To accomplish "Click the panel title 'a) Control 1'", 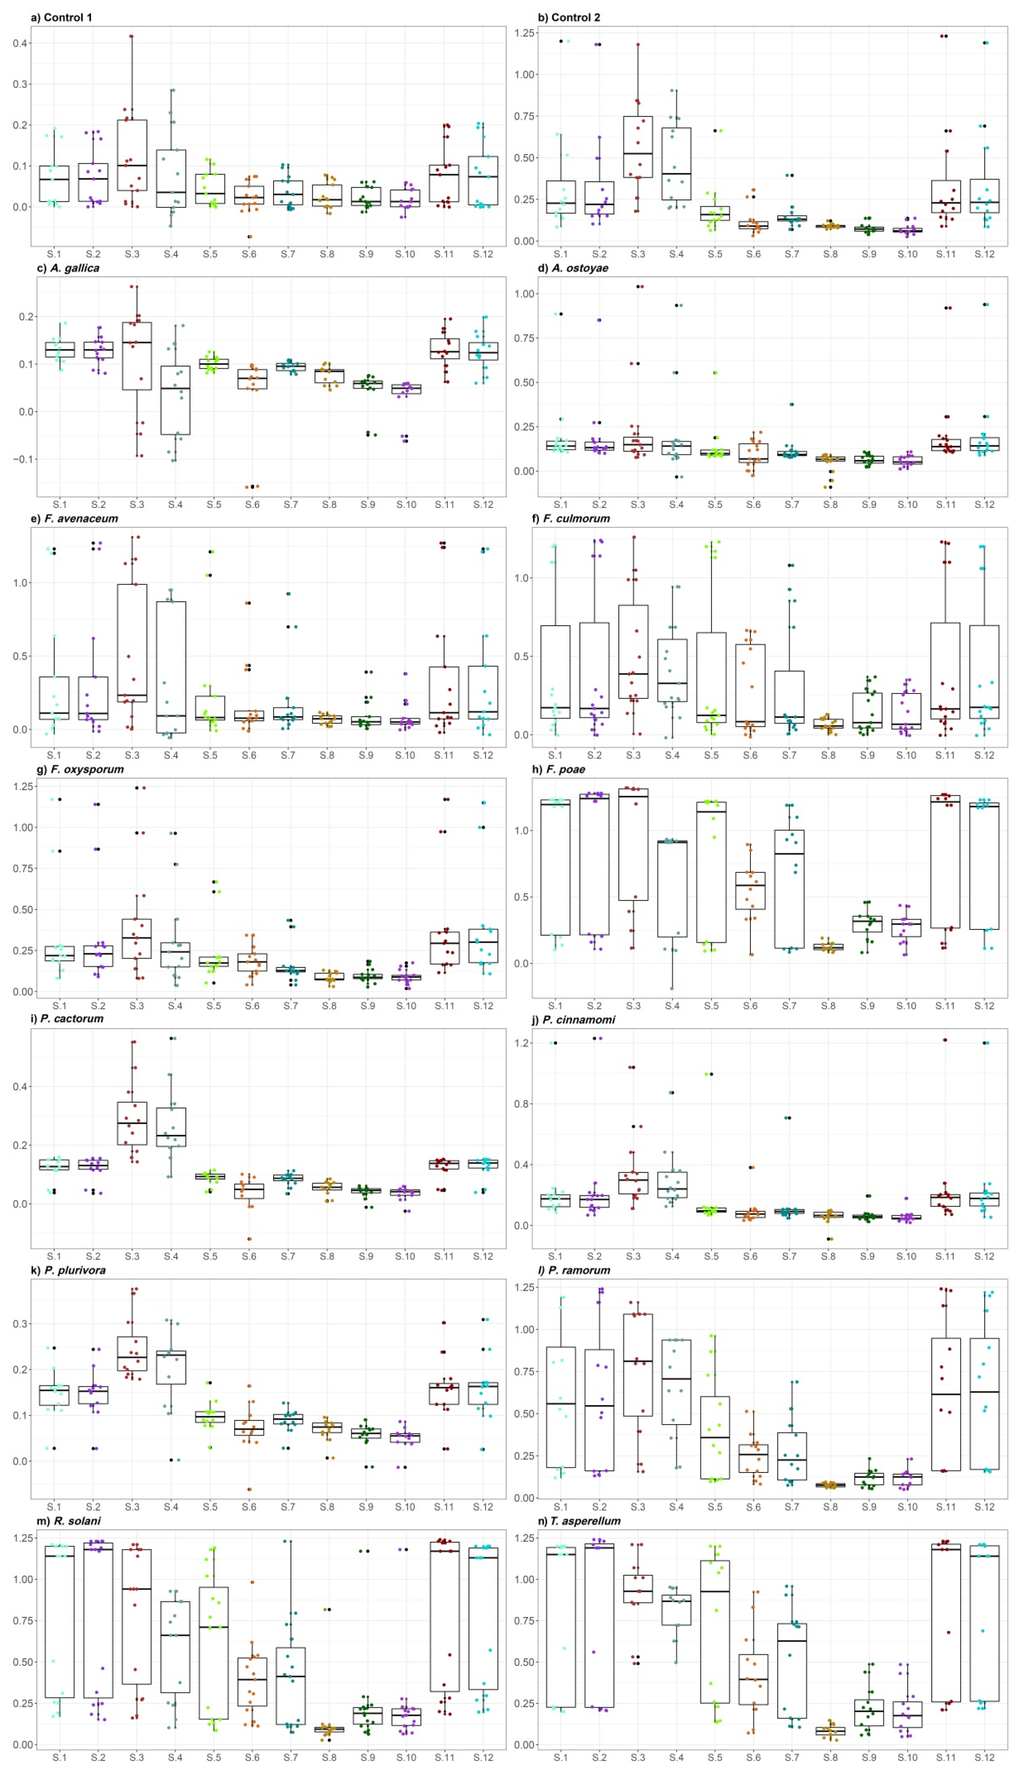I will (62, 17).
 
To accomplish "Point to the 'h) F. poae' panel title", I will (559, 769).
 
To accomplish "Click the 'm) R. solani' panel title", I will (68, 1520).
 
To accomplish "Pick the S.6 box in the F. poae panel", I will (750, 891).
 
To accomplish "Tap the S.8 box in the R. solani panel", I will (329, 1728).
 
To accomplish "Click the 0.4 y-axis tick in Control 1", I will (20, 43).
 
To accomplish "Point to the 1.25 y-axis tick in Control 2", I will (525, 33).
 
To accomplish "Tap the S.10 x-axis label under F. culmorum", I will (907, 755).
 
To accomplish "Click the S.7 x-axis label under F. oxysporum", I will (290, 1005).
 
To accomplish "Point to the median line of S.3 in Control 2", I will (638, 153).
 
